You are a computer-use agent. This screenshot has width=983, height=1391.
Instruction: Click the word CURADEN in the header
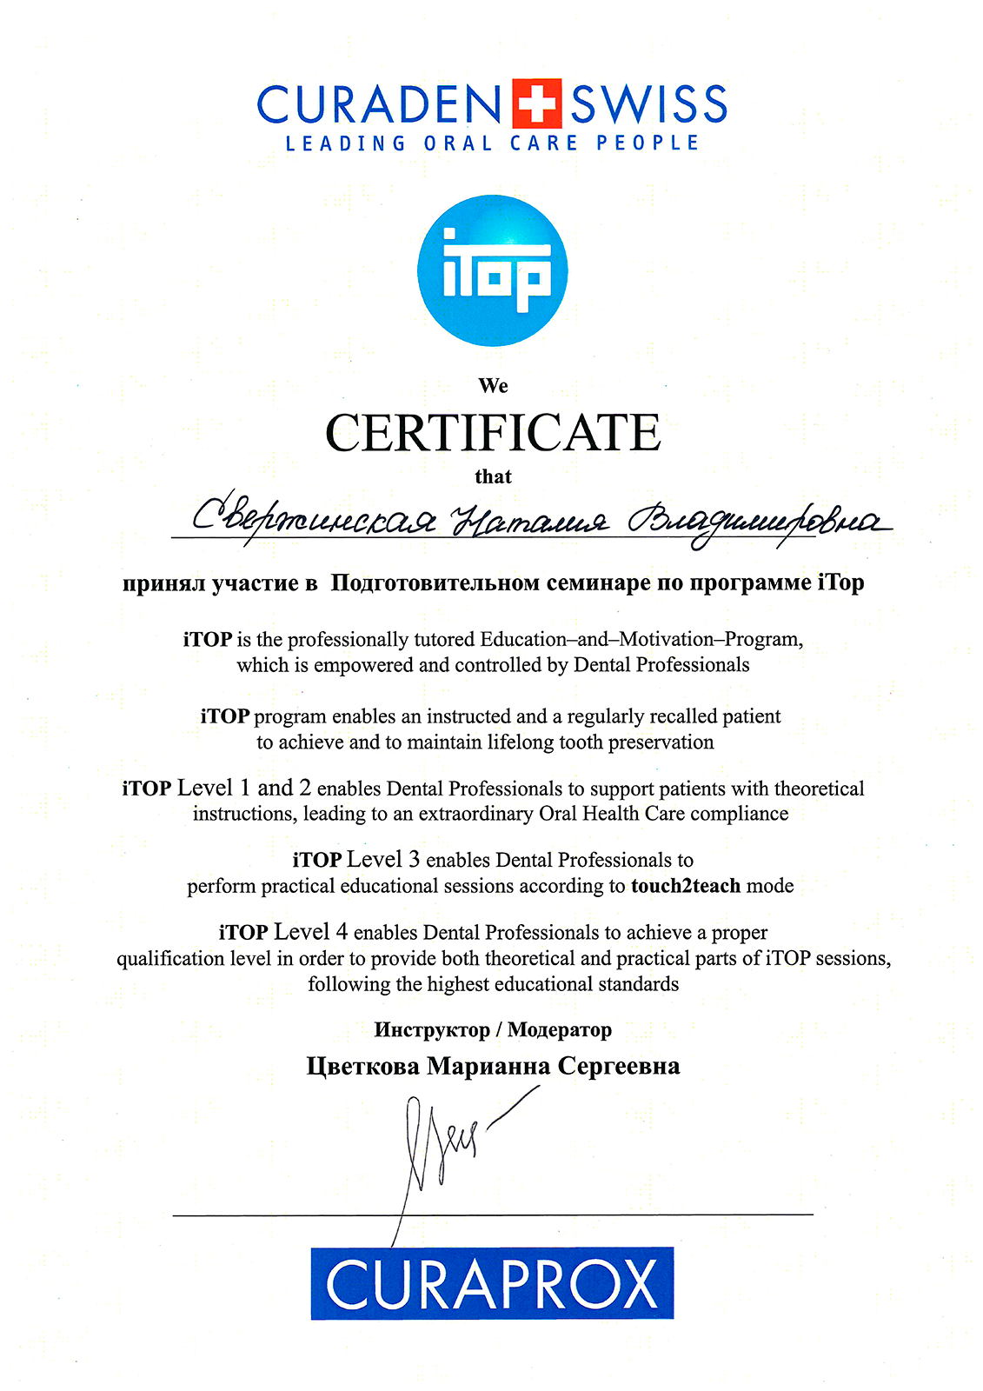[x=379, y=104]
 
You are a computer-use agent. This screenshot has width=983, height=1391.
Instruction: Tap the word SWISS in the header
[x=648, y=104]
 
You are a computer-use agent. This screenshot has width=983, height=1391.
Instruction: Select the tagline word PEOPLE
[x=648, y=143]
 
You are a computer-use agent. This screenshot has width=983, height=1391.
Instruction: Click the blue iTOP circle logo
[x=492, y=270]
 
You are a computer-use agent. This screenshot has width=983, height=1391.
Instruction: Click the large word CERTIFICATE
[x=493, y=433]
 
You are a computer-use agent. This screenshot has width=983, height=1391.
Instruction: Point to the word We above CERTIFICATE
[x=493, y=385]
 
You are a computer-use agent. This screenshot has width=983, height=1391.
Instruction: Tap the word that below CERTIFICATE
[x=493, y=476]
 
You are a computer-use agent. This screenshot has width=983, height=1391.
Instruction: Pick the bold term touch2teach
[x=686, y=886]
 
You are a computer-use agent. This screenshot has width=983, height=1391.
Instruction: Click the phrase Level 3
[x=382, y=860]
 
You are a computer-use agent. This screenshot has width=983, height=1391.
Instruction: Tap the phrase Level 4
[x=310, y=932]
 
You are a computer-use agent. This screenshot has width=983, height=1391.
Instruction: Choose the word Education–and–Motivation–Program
[x=641, y=640]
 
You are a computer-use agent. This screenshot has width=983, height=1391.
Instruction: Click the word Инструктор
[x=432, y=1030]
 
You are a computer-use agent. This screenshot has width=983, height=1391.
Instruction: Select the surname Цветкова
[x=362, y=1067]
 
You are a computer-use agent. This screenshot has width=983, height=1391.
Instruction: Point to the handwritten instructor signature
[x=443, y=1148]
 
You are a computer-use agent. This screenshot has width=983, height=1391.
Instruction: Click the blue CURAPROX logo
[x=492, y=1284]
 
